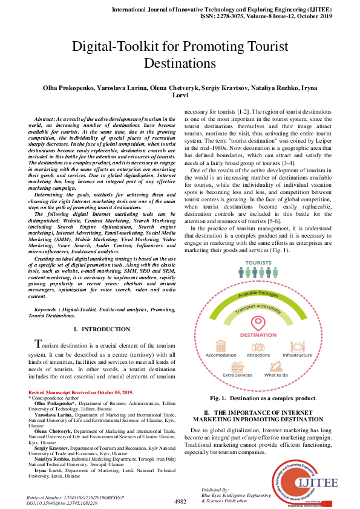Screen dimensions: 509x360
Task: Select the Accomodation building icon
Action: pyautogui.click(x=222, y=346)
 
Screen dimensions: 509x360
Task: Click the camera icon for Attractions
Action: pyautogui.click(x=258, y=346)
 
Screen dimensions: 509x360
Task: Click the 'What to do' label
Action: pyautogui.click(x=276, y=375)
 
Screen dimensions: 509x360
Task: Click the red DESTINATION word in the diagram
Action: pyautogui.click(x=258, y=334)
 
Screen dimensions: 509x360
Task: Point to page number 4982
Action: pyautogui.click(x=180, y=501)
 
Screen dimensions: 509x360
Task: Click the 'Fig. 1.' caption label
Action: pyautogui.click(x=217, y=398)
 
